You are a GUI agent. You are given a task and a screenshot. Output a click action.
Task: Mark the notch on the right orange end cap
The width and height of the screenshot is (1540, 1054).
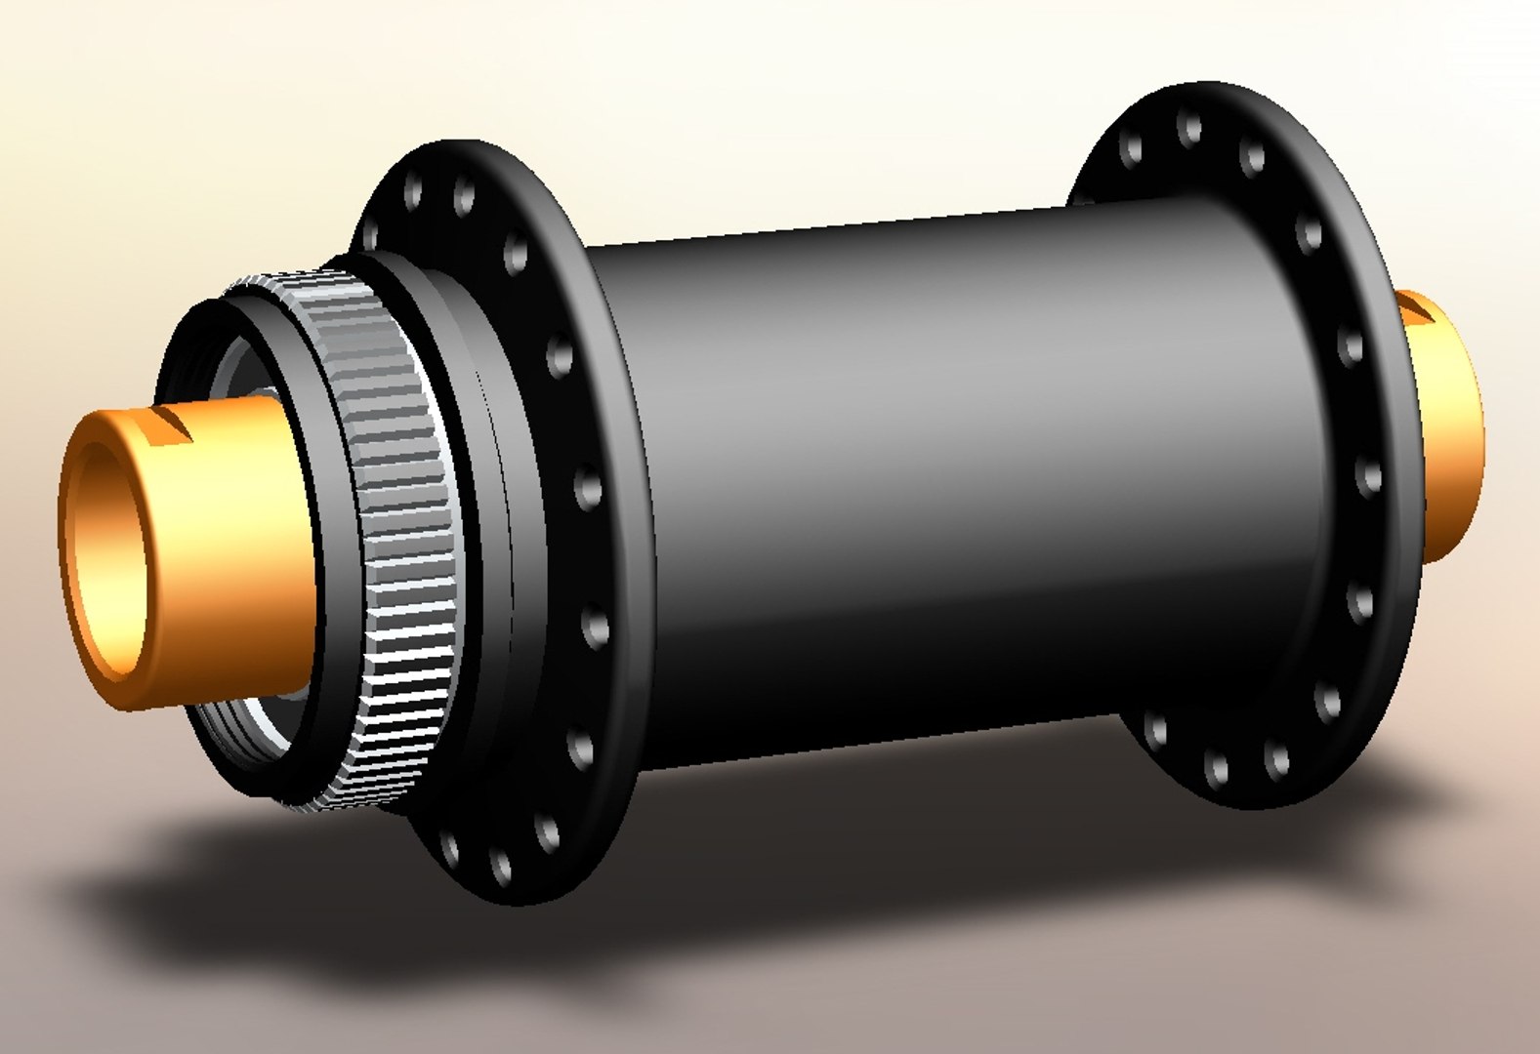1416,312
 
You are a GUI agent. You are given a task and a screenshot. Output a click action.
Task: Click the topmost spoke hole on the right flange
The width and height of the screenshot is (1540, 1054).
1190,127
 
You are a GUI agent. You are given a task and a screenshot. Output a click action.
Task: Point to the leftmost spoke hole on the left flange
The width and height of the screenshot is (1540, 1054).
368,234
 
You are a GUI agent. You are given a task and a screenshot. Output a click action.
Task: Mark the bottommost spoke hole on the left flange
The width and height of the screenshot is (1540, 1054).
501,867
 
